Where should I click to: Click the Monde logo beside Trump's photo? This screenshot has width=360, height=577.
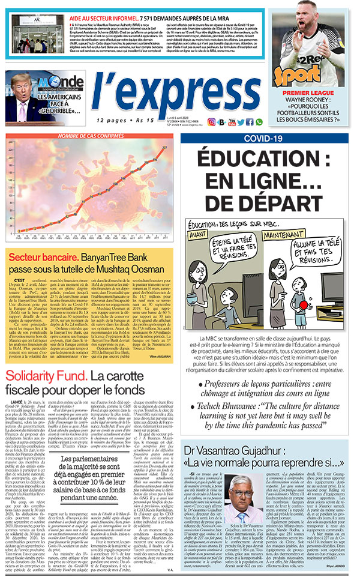[x=61, y=83]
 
